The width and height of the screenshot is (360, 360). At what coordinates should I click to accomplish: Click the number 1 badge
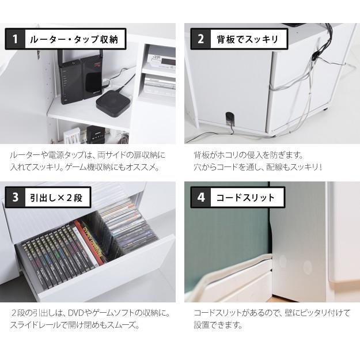[x=16, y=39]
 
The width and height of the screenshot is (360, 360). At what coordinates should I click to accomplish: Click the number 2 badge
[x=200, y=39]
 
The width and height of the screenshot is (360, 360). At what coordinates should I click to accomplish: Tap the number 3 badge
[x=16, y=198]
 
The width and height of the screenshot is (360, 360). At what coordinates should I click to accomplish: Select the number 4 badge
[x=200, y=198]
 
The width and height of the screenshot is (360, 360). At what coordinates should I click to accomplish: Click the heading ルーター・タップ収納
[x=73, y=39]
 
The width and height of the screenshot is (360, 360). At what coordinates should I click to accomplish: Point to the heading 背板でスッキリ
[x=247, y=39]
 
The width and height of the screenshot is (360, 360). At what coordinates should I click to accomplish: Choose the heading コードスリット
[x=245, y=198]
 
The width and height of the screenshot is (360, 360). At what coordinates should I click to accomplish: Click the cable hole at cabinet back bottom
[x=229, y=118]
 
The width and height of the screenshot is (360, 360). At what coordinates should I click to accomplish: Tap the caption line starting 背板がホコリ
[x=248, y=156]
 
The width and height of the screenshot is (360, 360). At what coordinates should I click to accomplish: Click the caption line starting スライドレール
[x=75, y=325]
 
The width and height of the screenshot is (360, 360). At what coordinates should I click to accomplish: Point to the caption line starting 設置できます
[x=218, y=325]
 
